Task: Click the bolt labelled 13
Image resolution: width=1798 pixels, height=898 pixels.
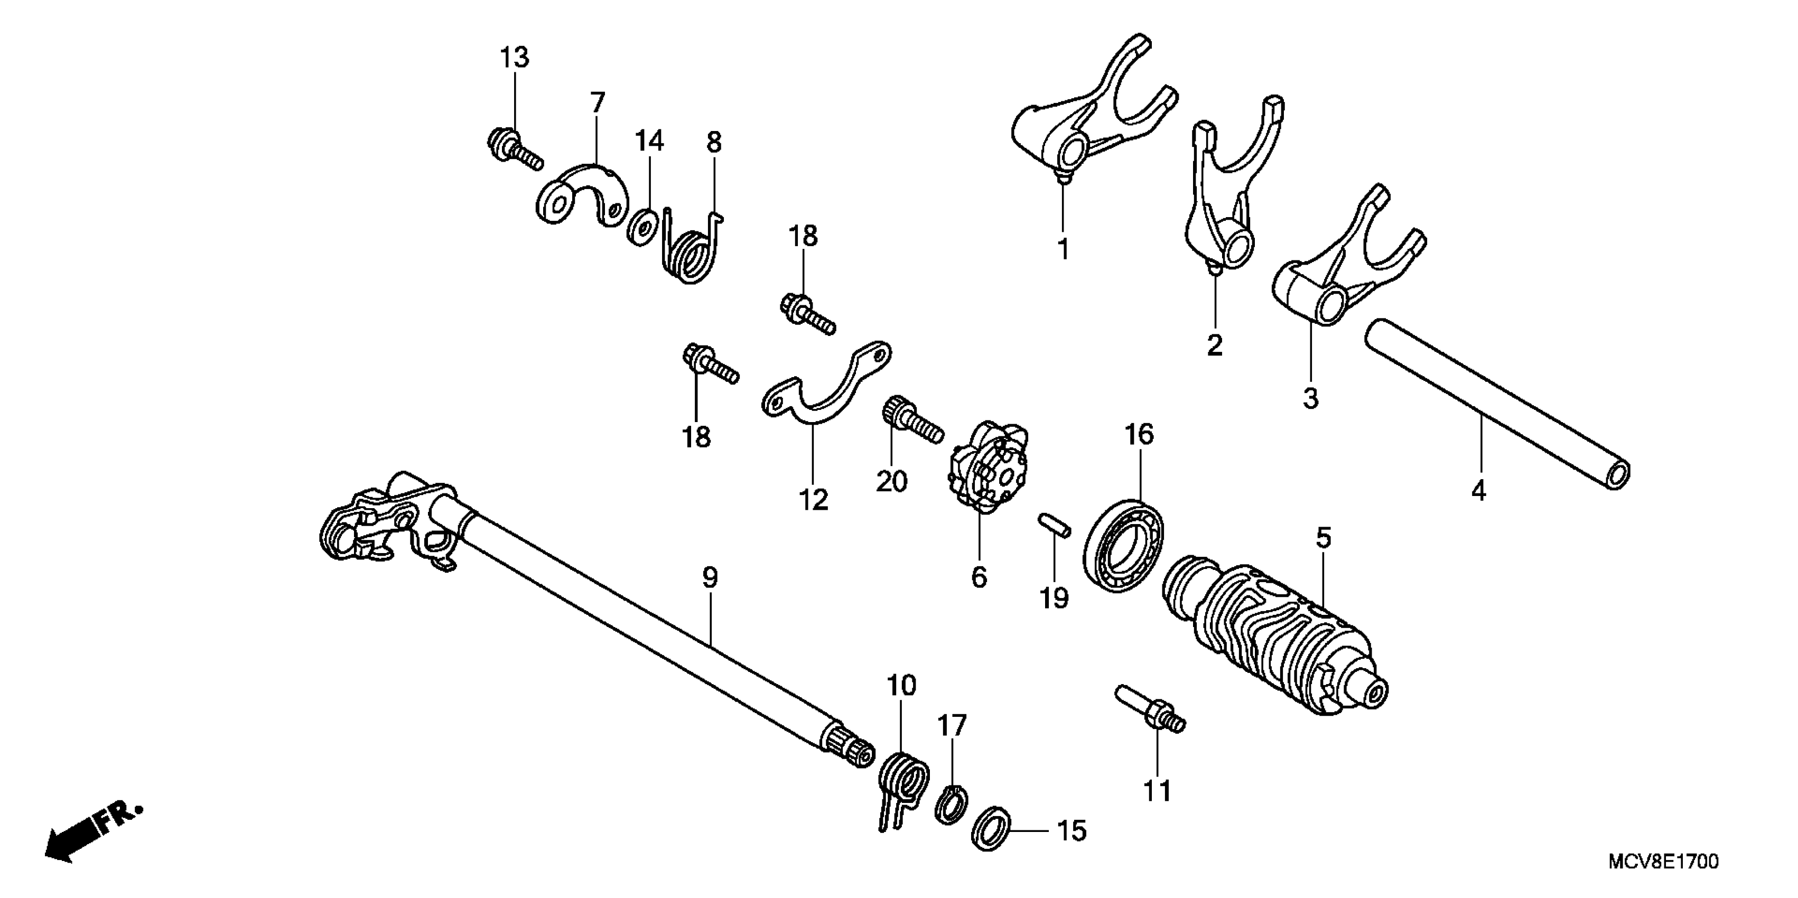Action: [x=515, y=148]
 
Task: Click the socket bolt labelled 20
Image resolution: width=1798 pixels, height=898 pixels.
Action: [x=913, y=422]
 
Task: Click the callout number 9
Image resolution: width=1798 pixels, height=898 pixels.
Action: [x=709, y=578]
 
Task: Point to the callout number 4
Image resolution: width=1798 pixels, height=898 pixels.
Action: [x=1478, y=491]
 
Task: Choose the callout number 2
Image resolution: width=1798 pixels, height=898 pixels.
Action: [x=1215, y=345]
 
